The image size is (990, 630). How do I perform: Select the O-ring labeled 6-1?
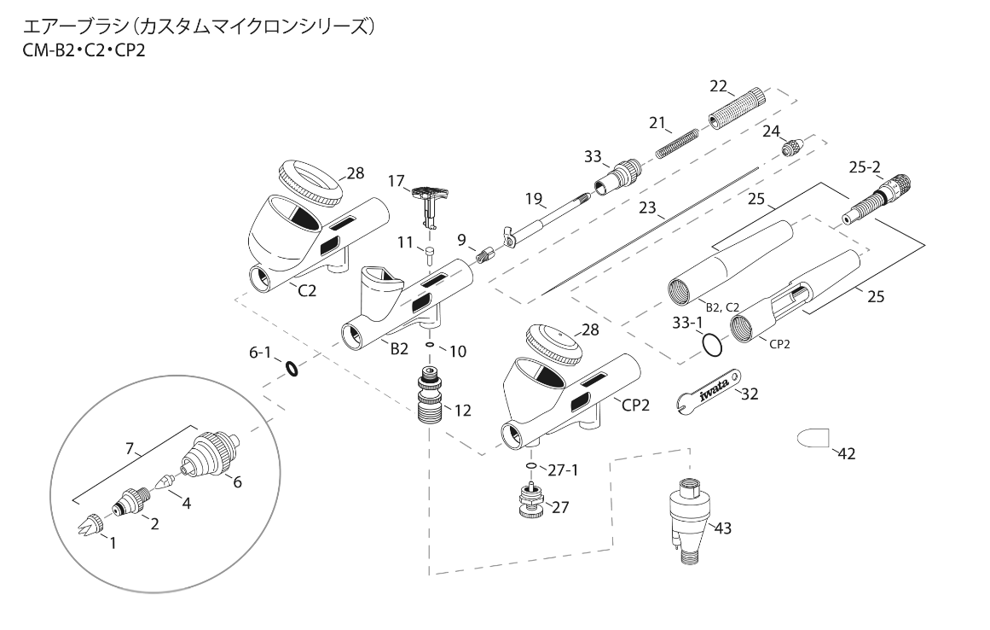point(292,369)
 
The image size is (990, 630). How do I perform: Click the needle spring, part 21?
point(679,142)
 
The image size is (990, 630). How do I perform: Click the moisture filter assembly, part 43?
point(688,518)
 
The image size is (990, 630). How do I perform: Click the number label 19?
point(534,200)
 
